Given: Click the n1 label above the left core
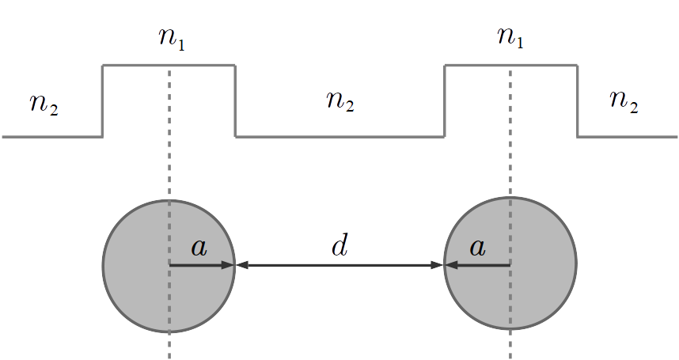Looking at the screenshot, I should tap(172, 39).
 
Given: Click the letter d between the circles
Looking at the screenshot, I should tap(339, 246).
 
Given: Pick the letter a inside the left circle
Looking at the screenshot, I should tap(199, 248).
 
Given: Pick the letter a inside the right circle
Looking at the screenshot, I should tap(476, 248).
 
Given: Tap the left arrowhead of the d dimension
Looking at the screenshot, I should tap(242, 265).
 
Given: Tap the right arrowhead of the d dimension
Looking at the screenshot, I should tap(437, 265).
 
